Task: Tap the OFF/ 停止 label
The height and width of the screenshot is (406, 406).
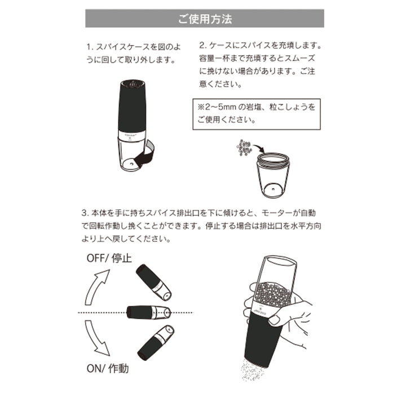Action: pyautogui.click(x=109, y=259)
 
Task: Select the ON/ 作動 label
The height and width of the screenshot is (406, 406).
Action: pyautogui.click(x=108, y=369)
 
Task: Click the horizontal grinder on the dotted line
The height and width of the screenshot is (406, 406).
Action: pyautogui.click(x=148, y=312)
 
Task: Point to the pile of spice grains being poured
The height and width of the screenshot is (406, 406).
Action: pyautogui.click(x=244, y=148)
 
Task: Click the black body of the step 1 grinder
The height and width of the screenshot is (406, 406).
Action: pyautogui.click(x=133, y=110)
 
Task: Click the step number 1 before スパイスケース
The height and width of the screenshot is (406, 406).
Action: pyautogui.click(x=89, y=45)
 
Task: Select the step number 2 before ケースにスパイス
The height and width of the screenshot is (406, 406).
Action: pyautogui.click(x=202, y=45)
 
